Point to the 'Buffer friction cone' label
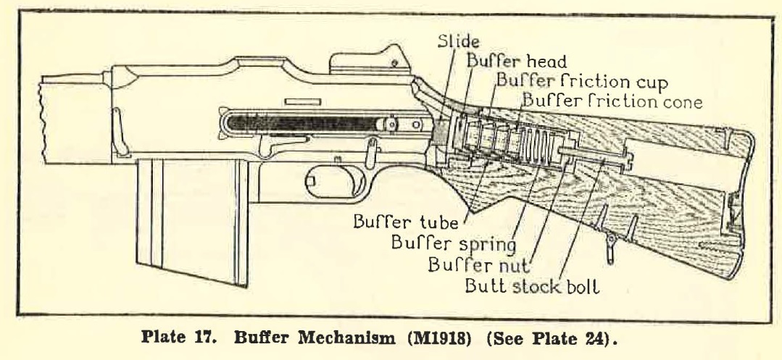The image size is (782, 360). pyautogui.click(x=612, y=102)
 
